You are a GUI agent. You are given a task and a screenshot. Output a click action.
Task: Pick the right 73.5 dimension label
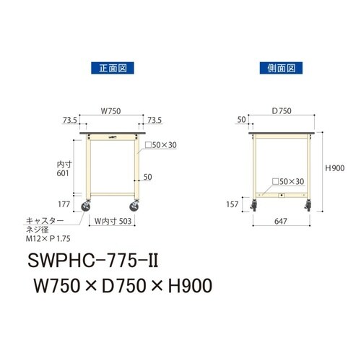pyautogui.click(x=155, y=120)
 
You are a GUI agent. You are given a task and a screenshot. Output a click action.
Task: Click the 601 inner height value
pyautogui.click(x=65, y=173)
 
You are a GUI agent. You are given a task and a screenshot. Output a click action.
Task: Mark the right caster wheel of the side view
pyautogui.click(x=308, y=212)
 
